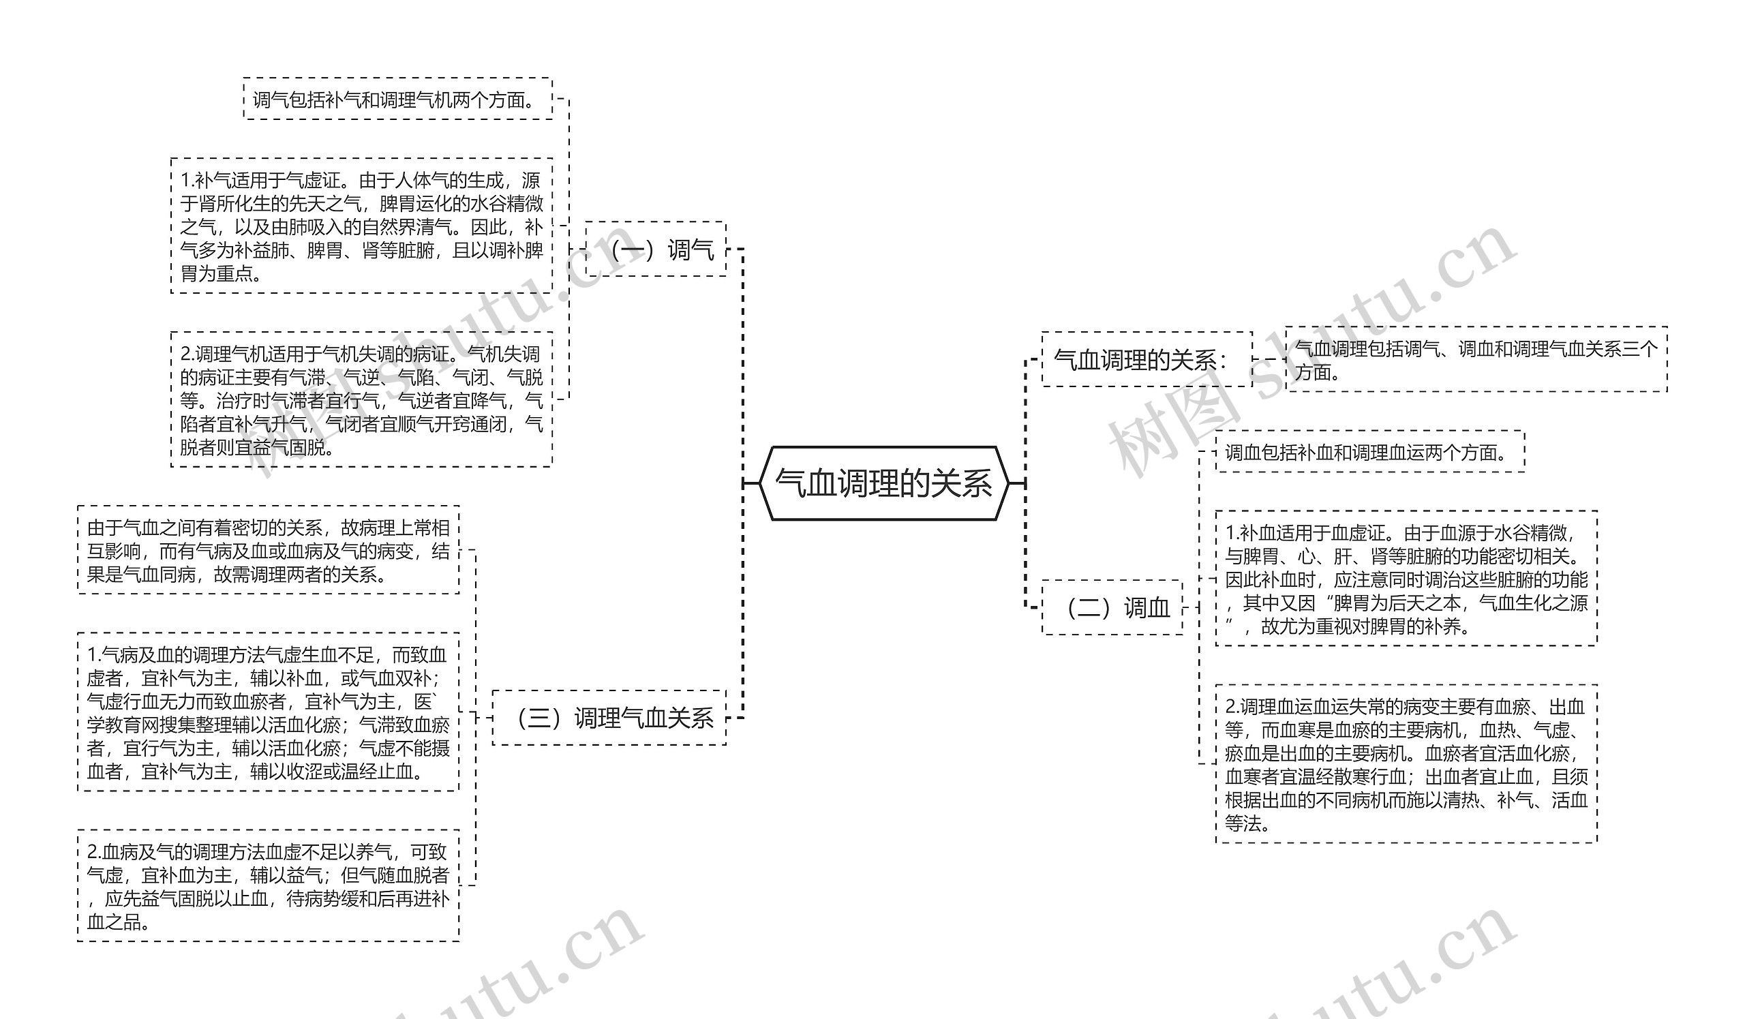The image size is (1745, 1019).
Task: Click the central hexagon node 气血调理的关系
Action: point(883,483)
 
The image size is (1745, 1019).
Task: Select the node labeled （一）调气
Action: point(656,249)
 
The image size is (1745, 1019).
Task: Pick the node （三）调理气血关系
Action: point(609,718)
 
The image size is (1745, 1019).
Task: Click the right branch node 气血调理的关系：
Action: point(1147,359)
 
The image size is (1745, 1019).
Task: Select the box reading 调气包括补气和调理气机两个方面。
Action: point(398,99)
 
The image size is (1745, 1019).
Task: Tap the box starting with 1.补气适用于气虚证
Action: point(361,226)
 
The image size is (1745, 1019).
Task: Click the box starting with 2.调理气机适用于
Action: point(361,400)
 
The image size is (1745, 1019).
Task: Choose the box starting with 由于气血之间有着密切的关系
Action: point(268,550)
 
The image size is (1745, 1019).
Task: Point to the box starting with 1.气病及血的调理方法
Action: point(268,712)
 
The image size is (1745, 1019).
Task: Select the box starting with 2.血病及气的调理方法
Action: point(268,886)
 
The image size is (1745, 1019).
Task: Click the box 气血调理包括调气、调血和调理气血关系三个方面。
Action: point(1476,359)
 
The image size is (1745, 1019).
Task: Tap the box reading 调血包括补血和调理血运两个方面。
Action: point(1370,452)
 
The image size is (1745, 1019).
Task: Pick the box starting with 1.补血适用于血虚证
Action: point(1406,579)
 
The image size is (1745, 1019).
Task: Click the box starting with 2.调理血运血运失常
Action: point(1406,764)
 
